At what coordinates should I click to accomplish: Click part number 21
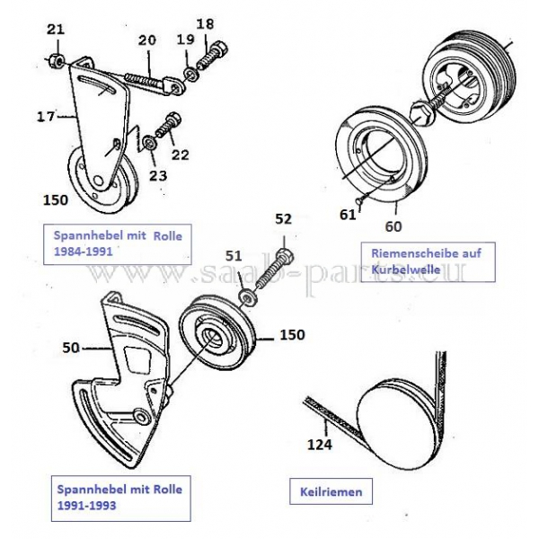pyautogui.click(x=56, y=30)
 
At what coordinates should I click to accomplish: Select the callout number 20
pyautogui.click(x=146, y=40)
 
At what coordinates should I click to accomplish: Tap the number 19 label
pyautogui.click(x=184, y=40)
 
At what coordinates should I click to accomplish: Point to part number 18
pyautogui.click(x=205, y=22)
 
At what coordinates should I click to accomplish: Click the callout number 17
pyautogui.click(x=46, y=115)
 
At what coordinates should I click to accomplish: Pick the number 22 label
pyautogui.click(x=181, y=155)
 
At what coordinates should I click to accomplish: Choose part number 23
pyautogui.click(x=158, y=175)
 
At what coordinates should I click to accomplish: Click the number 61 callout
pyautogui.click(x=347, y=213)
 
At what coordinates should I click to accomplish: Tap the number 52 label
pyautogui.click(x=283, y=217)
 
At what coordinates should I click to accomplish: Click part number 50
pyautogui.click(x=71, y=345)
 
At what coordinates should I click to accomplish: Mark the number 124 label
pyautogui.click(x=321, y=443)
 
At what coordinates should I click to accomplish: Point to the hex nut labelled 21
pyautogui.click(x=55, y=61)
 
